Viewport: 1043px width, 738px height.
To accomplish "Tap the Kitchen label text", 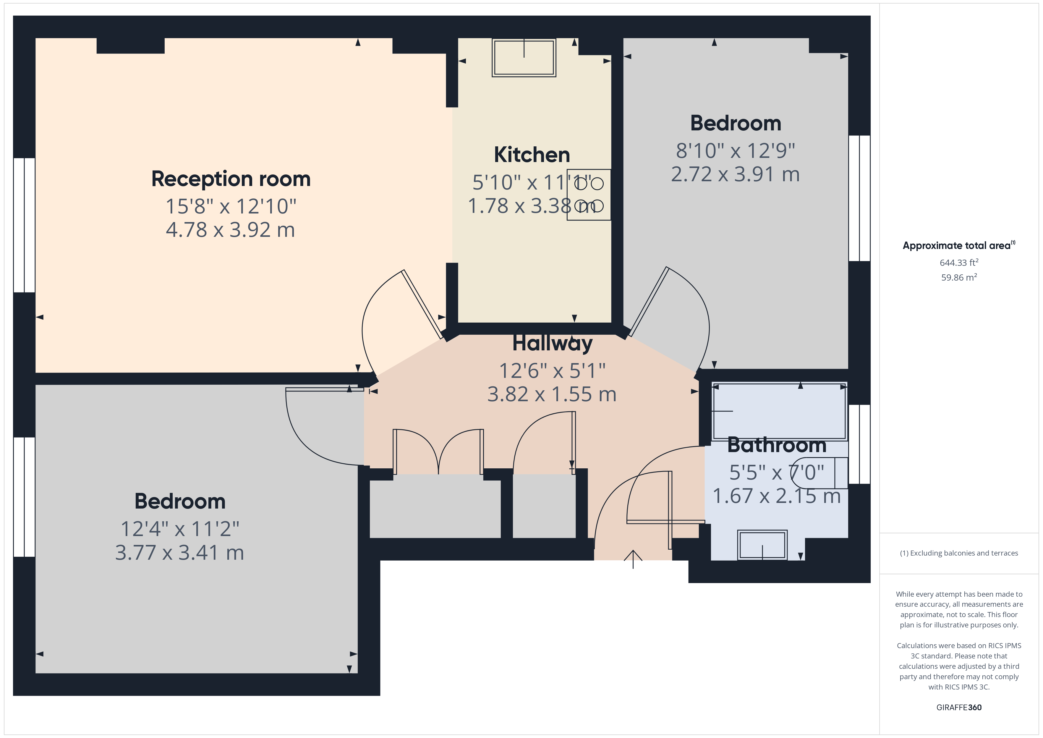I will click(x=532, y=155).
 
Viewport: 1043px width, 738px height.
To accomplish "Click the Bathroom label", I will click(x=776, y=445).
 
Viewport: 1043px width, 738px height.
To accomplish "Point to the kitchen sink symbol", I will click(x=524, y=58).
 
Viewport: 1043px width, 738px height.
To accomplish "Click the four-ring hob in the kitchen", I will click(x=589, y=195).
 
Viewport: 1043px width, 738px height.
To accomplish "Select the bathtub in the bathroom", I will click(x=779, y=412).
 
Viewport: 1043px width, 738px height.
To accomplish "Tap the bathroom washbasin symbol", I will click(x=762, y=544).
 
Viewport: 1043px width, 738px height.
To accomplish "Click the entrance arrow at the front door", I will click(x=633, y=559).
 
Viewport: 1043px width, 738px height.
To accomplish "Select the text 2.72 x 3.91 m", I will click(x=735, y=174).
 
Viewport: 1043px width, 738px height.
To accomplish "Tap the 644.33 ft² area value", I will click(x=958, y=263).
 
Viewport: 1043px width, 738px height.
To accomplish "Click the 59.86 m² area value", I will click(x=958, y=278).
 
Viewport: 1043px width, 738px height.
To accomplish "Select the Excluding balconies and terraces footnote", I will click(x=958, y=553).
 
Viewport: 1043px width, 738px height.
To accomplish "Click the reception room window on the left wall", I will click(x=24, y=225).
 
